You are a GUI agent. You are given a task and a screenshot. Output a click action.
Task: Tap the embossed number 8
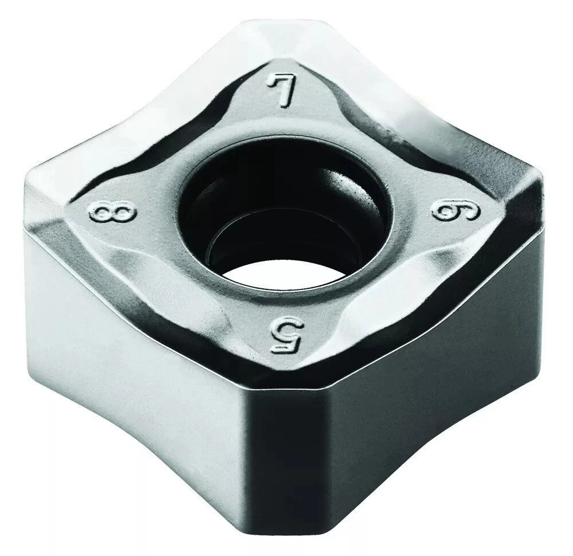(112, 213)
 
